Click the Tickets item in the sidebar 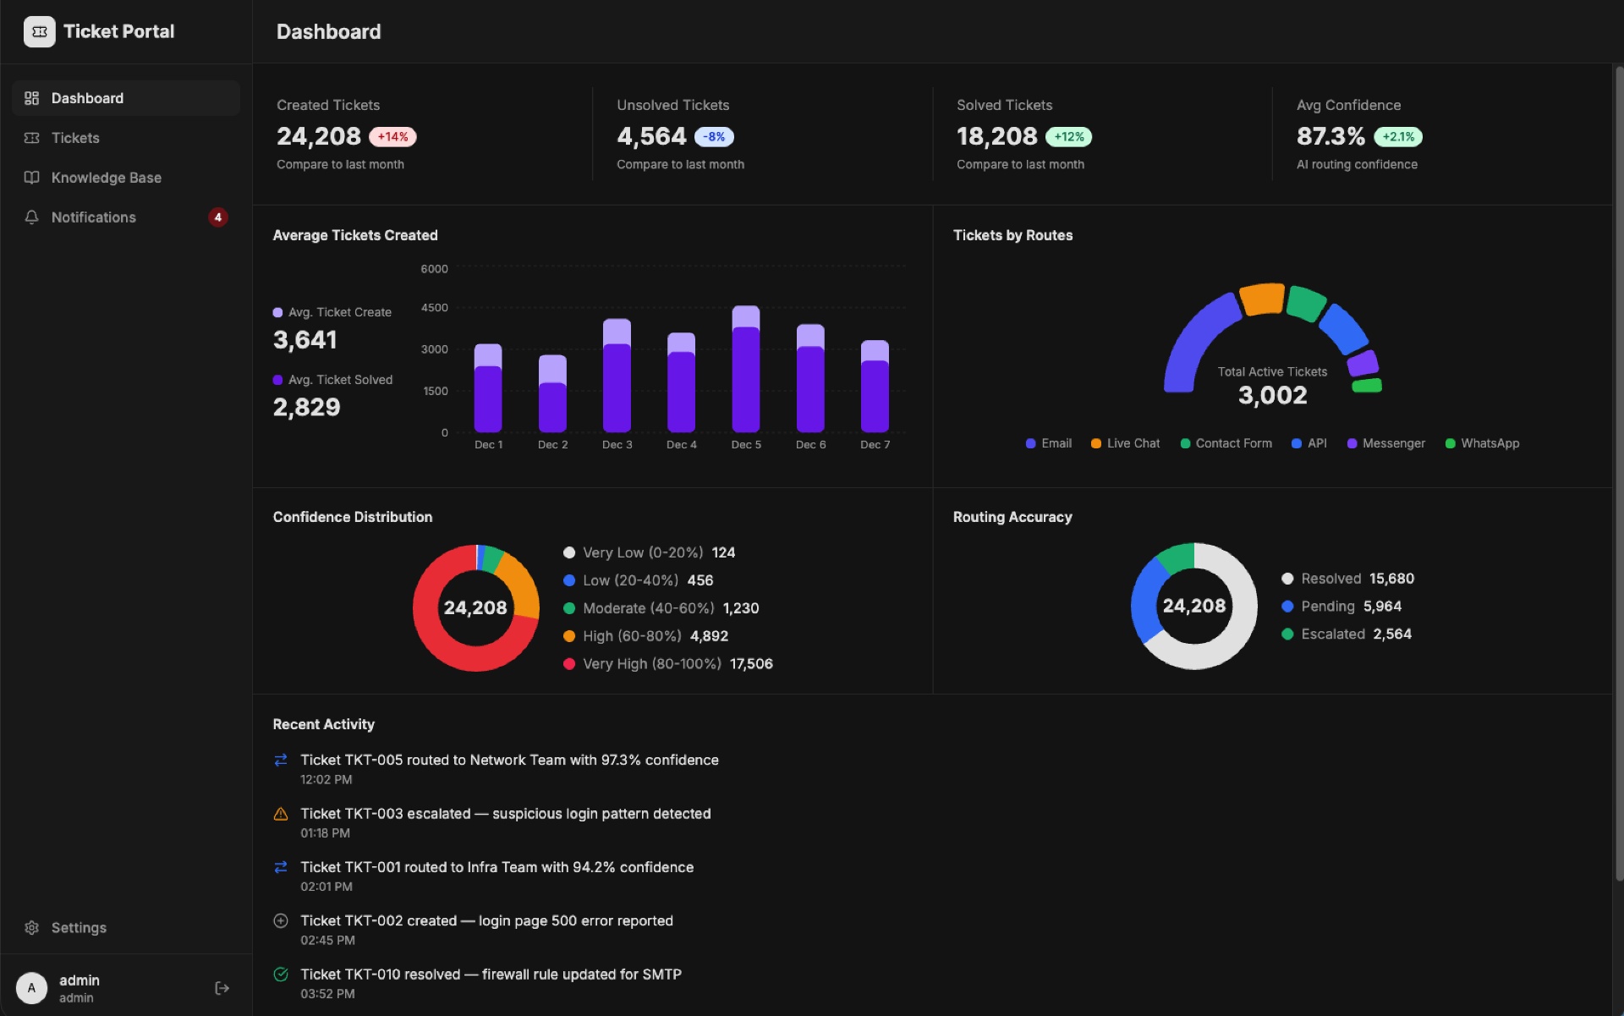pos(74,138)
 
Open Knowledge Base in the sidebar pos(106,178)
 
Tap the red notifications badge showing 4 pos(217,217)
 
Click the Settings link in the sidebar pos(78,927)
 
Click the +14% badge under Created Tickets pos(392,137)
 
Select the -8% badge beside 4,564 pos(714,137)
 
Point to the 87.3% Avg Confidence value pos(1330,136)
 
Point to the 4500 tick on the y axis pos(434,308)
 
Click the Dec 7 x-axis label pos(875,445)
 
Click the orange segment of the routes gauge pos(1262,299)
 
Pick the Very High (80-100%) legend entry pos(651,664)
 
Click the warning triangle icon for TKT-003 pos(281,814)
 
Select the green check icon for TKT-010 pos(281,975)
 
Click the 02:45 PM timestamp pos(327,941)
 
